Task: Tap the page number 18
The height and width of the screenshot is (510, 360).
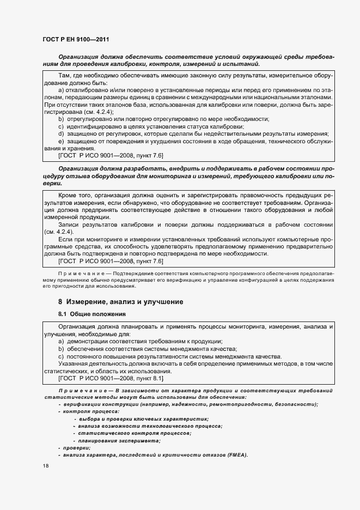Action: [45, 466]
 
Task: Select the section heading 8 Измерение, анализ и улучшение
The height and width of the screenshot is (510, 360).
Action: [120, 302]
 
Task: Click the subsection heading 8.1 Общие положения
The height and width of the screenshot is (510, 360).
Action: [92, 314]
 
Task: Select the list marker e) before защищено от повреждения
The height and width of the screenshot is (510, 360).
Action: [61, 141]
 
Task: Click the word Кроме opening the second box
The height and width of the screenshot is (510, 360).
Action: [68, 195]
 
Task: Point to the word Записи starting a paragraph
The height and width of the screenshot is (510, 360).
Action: [69, 224]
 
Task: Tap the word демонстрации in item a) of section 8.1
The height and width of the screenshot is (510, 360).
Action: [87, 341]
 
